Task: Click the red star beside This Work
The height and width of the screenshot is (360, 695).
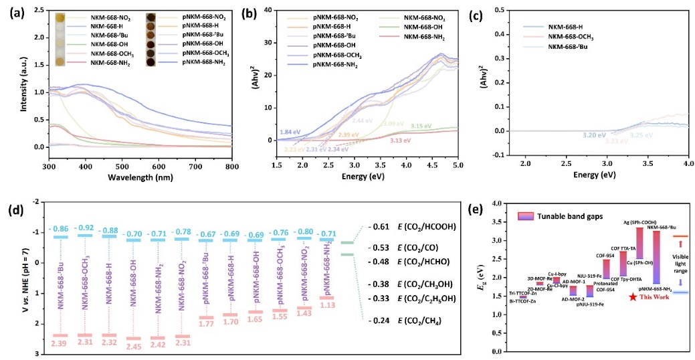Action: click(633, 296)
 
